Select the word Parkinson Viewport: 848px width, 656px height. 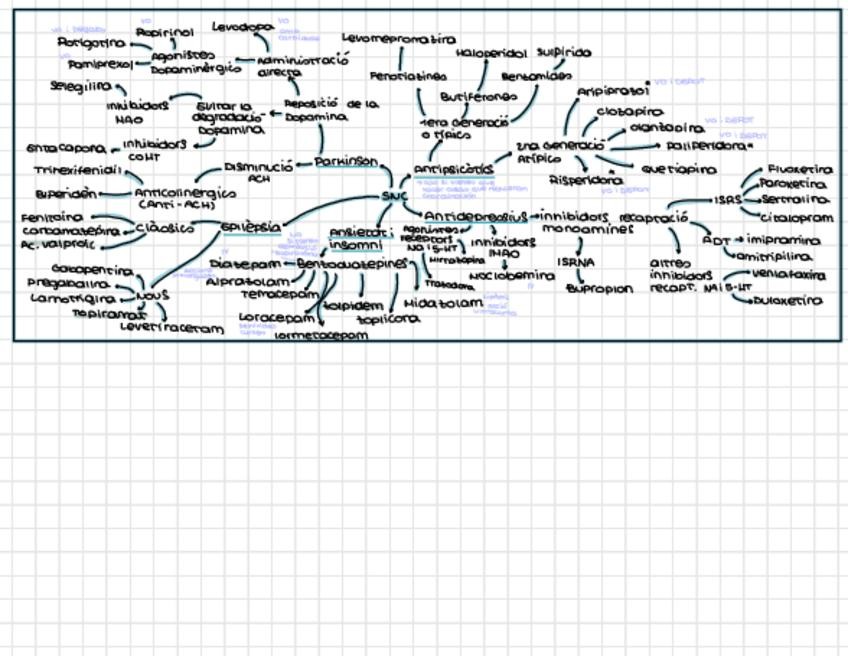(x=346, y=161)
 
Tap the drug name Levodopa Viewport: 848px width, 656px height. (x=242, y=27)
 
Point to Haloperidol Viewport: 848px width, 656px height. (x=491, y=53)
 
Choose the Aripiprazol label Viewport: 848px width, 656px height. (x=613, y=92)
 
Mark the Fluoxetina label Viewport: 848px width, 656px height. (x=799, y=170)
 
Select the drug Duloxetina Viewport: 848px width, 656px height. (x=788, y=300)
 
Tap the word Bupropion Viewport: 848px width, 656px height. (x=599, y=289)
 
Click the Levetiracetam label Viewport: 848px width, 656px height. (x=172, y=326)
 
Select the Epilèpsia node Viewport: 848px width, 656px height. (x=250, y=227)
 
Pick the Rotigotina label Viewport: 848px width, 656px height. (x=91, y=44)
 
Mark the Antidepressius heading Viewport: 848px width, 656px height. (x=475, y=217)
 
